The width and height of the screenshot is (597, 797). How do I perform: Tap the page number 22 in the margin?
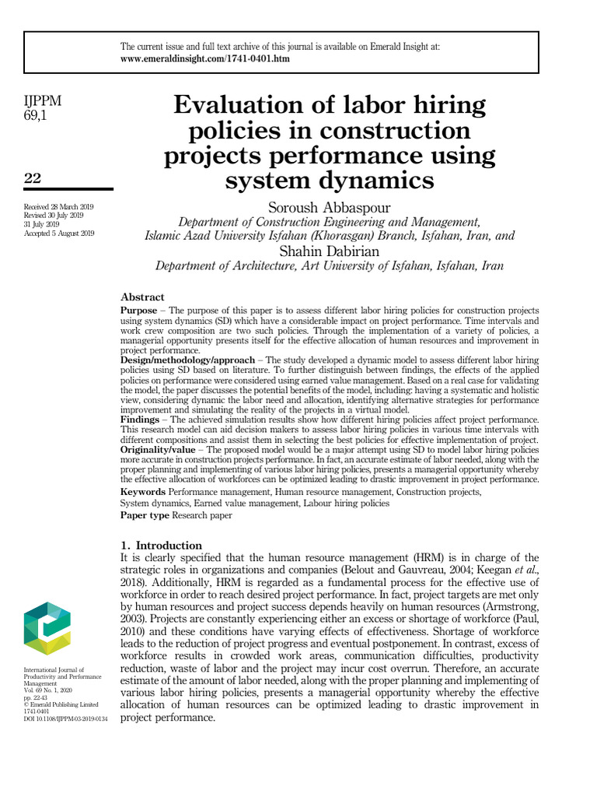33,178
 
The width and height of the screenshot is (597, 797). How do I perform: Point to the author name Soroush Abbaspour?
329,207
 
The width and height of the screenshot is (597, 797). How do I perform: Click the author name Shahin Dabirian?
329,251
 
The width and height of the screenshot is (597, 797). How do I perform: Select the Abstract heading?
142,297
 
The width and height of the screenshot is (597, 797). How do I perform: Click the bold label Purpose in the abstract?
139,311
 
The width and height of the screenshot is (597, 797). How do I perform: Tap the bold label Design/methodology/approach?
187,360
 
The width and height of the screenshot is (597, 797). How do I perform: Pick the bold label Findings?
140,420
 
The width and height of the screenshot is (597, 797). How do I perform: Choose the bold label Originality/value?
161,449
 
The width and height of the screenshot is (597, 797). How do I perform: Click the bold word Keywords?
142,492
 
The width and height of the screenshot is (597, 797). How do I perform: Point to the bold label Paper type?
145,514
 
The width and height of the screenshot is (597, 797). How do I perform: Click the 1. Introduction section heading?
161,545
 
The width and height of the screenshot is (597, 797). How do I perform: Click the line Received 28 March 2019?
58,206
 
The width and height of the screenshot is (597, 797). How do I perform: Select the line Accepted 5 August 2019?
60,233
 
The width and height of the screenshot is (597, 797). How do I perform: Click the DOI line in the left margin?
65,718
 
